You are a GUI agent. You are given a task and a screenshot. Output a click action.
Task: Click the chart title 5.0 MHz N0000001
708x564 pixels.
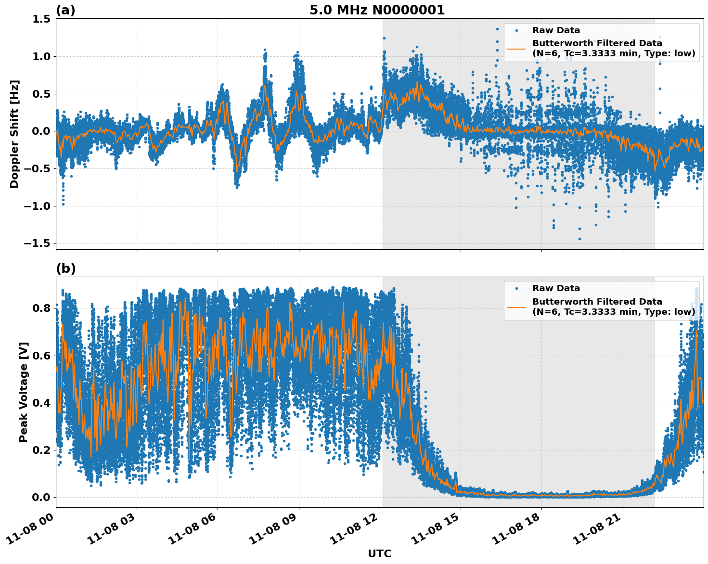pos(377,10)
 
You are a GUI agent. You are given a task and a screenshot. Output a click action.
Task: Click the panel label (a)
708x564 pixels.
pos(65,10)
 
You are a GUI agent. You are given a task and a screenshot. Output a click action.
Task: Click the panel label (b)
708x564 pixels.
pos(65,269)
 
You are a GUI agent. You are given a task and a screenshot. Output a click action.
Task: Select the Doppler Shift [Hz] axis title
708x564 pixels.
pos(14,134)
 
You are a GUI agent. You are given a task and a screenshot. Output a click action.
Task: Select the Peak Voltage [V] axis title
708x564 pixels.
pos(24,392)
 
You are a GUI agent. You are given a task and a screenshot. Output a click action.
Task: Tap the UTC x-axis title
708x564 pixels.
pos(379,553)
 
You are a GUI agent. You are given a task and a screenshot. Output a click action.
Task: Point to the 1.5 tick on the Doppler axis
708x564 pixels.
pos(41,19)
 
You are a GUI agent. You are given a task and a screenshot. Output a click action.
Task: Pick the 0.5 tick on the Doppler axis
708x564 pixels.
pos(41,94)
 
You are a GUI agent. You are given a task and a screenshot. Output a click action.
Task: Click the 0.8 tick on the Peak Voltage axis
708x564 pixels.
pos(41,308)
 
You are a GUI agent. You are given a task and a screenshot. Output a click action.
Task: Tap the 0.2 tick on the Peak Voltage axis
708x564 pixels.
pos(41,450)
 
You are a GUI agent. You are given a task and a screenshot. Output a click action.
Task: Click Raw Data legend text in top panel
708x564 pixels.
pos(556,30)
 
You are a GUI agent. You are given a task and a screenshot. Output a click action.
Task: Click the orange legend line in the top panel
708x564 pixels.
pos(516,49)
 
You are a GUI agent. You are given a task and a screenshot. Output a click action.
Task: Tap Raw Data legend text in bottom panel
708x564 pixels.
pos(556,288)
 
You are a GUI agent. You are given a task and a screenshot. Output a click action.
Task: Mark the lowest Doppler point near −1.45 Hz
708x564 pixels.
pos(579,239)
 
